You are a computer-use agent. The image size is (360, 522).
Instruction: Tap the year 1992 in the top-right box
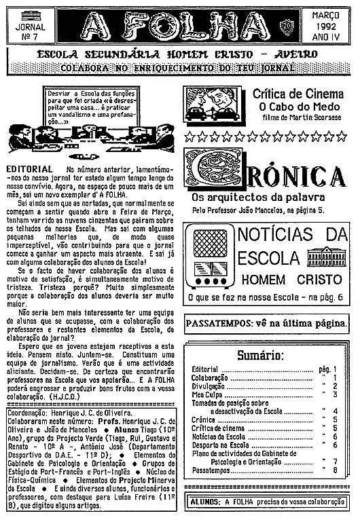(x=331, y=26)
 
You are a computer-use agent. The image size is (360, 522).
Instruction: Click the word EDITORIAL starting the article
(x=29, y=168)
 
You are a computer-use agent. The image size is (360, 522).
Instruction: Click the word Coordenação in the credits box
(x=29, y=412)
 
